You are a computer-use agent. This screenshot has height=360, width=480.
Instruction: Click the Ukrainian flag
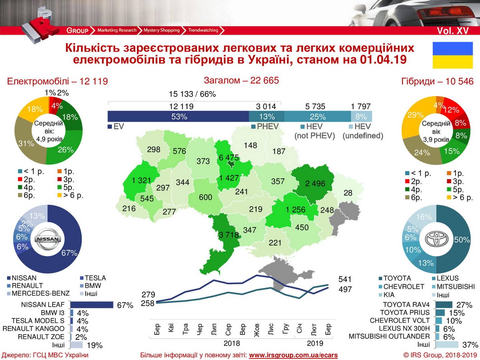(452, 55)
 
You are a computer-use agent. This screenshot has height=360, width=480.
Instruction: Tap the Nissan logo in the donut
(48, 239)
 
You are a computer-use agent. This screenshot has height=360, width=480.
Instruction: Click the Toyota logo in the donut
(436, 239)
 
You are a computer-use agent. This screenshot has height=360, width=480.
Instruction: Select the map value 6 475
(229, 157)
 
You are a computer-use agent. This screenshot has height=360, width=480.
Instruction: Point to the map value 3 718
(229, 235)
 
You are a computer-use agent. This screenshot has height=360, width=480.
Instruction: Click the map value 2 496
(315, 184)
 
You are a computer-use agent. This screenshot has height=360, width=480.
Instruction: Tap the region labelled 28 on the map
(348, 193)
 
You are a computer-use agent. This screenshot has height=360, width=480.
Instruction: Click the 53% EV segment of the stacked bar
(179, 117)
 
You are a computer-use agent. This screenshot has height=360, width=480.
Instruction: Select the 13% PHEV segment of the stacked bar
(267, 117)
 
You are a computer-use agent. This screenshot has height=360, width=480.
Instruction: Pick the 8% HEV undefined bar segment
(361, 117)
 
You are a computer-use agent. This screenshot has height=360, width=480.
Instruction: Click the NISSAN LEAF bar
(92, 305)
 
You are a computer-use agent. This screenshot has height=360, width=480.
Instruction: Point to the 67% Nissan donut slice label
(69, 253)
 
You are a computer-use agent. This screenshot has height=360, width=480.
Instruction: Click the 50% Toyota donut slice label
(462, 240)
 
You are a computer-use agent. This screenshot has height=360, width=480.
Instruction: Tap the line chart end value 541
(345, 279)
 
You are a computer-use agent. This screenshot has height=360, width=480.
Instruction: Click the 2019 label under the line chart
(315, 343)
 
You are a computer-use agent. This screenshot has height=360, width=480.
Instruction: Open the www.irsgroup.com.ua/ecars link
(293, 355)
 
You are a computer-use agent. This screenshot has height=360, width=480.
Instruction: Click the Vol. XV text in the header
(453, 31)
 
